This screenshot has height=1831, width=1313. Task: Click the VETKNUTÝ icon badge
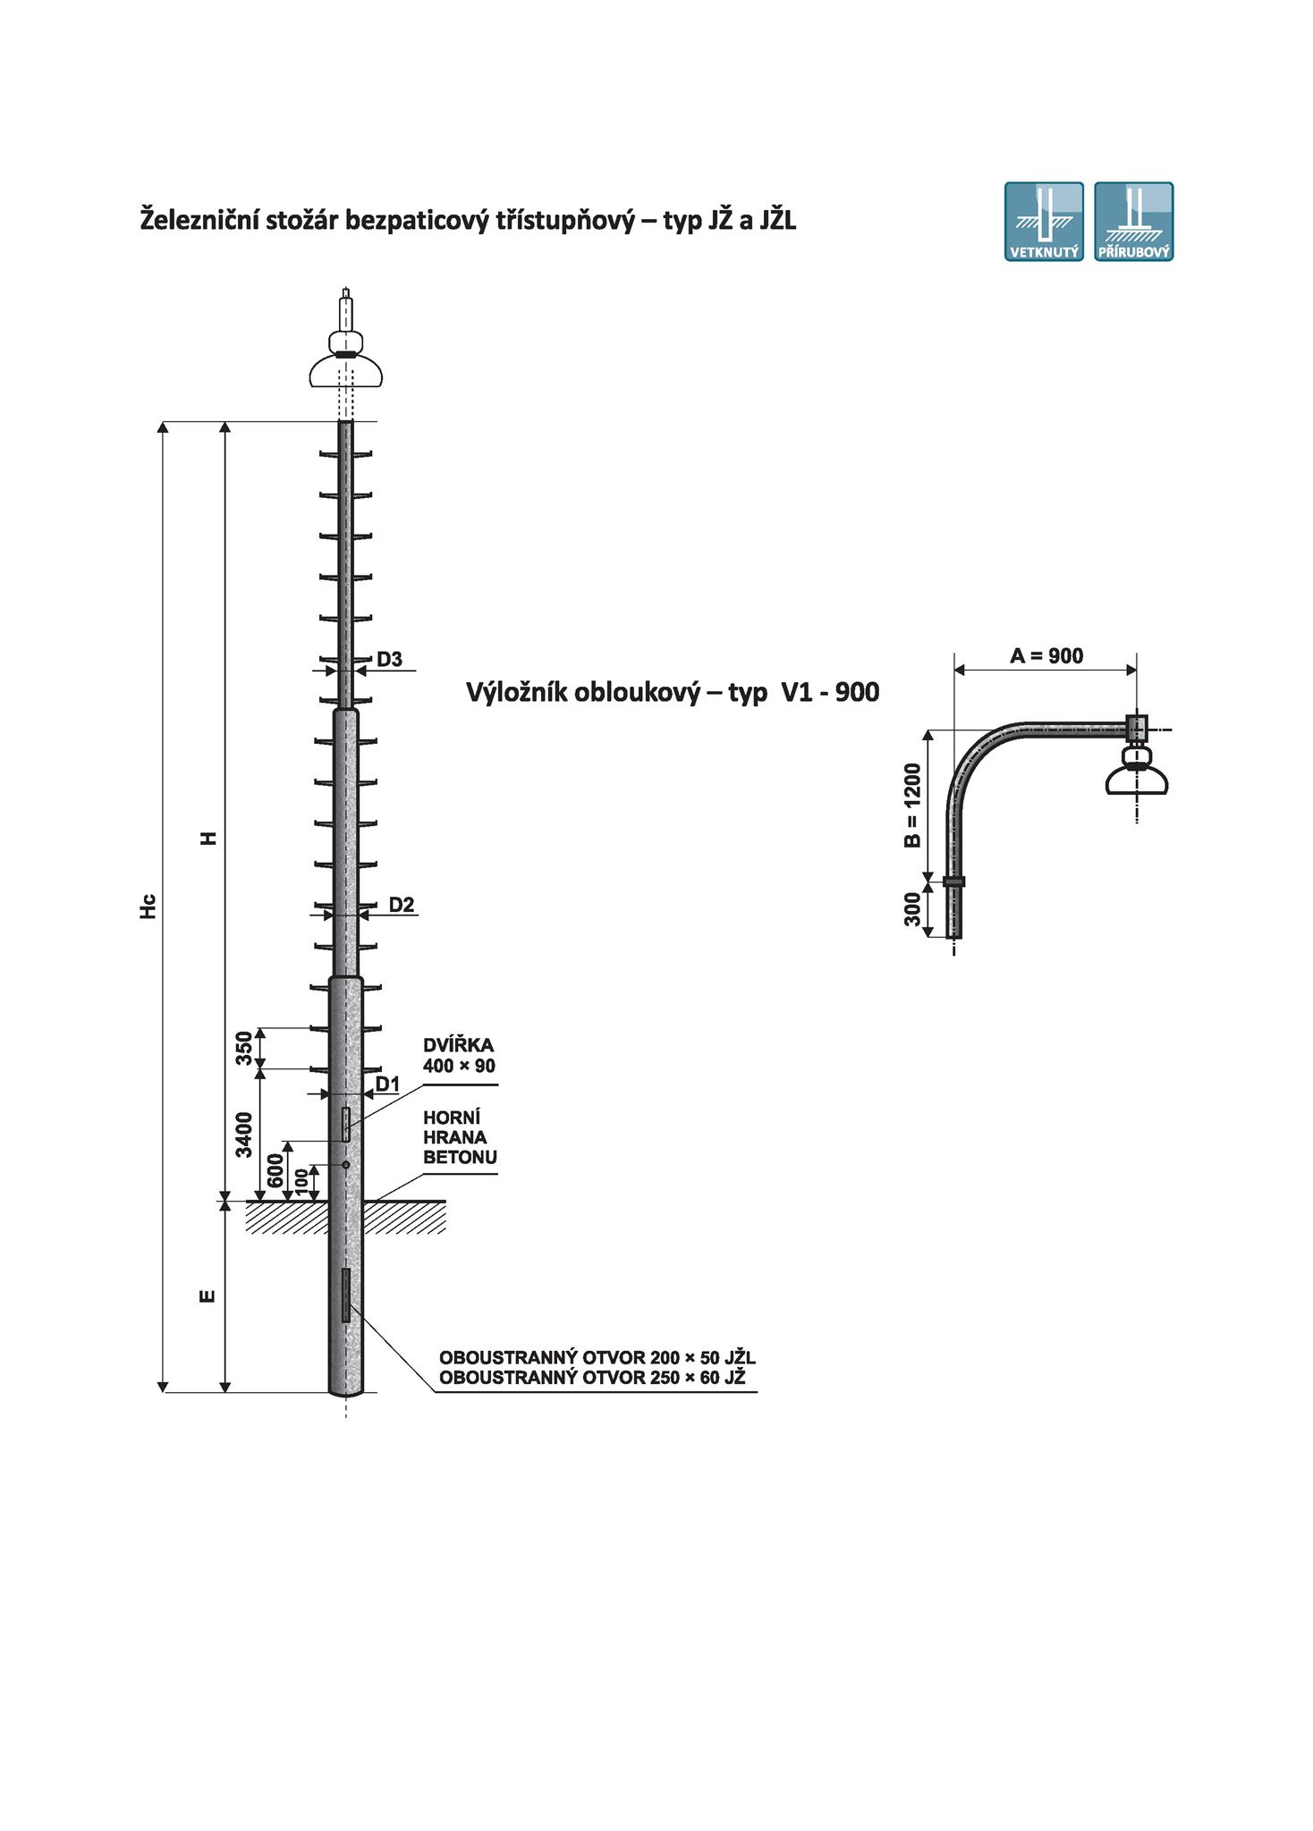click(1044, 222)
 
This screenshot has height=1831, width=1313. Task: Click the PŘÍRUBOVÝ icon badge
click(1134, 222)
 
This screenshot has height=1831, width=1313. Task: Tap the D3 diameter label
click(389, 660)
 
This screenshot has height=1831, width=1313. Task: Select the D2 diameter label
click(402, 905)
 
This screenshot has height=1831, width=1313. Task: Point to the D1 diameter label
click(387, 1084)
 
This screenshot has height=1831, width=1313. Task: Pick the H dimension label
click(208, 839)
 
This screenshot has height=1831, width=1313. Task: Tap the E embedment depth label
click(208, 1295)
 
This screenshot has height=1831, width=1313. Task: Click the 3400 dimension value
click(244, 1135)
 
